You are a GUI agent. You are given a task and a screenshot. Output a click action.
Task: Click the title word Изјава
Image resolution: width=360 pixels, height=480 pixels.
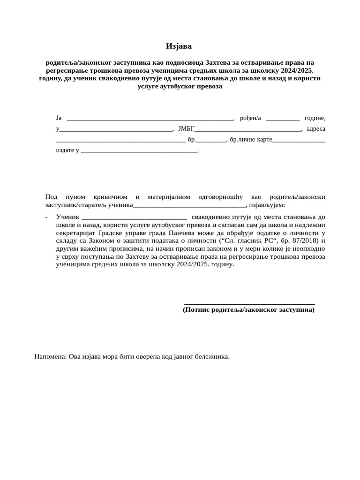point(179,46)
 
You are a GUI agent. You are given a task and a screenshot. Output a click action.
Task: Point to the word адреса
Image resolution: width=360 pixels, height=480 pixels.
point(316,128)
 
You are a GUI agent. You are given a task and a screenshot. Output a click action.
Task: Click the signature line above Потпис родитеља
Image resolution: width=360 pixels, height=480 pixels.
point(249,304)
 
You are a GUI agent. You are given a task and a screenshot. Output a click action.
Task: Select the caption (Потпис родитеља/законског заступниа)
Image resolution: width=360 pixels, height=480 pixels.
point(248,310)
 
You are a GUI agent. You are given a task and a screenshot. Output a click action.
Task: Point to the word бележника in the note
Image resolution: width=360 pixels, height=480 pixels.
point(213,357)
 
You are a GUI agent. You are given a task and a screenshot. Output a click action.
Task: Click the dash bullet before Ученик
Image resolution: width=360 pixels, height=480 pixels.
point(47,217)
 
